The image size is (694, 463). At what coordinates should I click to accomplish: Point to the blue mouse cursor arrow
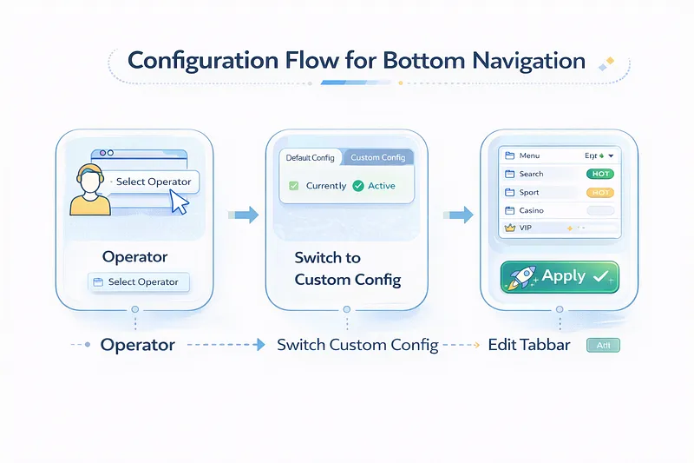[180, 202]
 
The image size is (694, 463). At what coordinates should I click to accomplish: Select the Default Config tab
[310, 158]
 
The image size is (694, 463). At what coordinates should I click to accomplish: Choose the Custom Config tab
[377, 158]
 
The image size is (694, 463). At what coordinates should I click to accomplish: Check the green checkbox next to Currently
[293, 186]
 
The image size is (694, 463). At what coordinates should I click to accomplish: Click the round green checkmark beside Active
[358, 186]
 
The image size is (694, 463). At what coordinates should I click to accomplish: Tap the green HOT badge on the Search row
[599, 174]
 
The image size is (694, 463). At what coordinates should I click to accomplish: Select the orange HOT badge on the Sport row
[599, 192]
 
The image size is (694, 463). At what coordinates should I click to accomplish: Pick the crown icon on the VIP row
[509, 228]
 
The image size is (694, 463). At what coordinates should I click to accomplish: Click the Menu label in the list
[529, 155]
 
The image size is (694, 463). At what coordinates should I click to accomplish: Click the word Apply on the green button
[564, 277]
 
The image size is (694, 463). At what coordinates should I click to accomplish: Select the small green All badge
[603, 345]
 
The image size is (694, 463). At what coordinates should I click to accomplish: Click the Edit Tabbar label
[529, 345]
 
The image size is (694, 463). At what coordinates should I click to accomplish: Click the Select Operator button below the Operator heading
[139, 282]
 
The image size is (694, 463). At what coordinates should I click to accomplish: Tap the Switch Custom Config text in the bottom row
[357, 345]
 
